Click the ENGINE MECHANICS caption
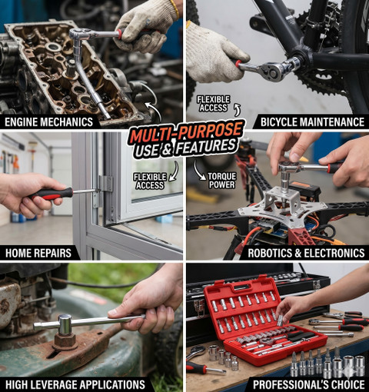[x=48, y=122]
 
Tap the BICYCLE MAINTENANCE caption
[x=312, y=122]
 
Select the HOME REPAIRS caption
[x=38, y=253]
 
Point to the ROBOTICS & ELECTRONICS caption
[x=306, y=253]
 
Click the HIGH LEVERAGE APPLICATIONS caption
[x=75, y=385]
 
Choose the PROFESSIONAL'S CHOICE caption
[x=309, y=384]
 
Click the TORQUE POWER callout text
[x=222, y=181]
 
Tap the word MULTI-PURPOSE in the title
[x=186, y=132]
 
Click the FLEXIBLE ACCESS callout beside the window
[x=150, y=181]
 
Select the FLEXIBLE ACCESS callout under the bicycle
[x=213, y=104]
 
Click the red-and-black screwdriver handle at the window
[x=52, y=194]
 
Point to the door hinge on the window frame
[x=104, y=187]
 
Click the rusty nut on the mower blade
[x=65, y=342]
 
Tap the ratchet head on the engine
[x=78, y=34]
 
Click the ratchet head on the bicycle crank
[x=275, y=71]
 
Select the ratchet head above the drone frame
[x=288, y=167]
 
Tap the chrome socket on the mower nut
[x=65, y=324]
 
